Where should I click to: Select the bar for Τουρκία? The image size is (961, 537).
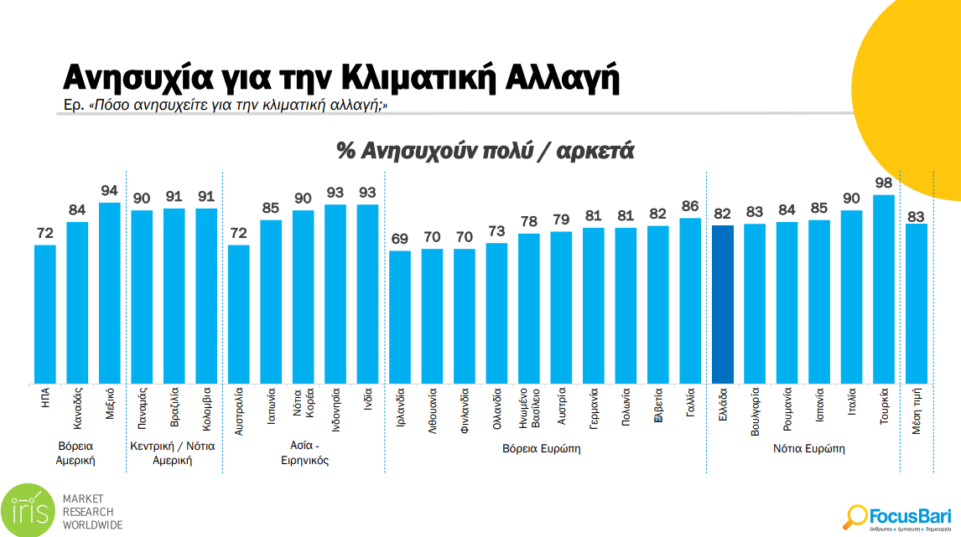click(883, 289)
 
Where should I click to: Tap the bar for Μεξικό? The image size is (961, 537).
click(110, 293)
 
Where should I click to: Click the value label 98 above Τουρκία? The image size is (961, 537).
click(883, 183)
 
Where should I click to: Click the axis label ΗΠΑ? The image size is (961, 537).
click(45, 397)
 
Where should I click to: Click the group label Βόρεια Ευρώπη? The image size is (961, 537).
click(541, 449)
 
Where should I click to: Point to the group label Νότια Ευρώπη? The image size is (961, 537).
click(808, 449)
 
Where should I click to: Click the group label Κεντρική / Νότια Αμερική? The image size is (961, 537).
click(172, 453)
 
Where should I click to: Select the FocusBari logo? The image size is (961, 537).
click(897, 516)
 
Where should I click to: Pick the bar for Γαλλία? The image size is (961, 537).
click(690, 301)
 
